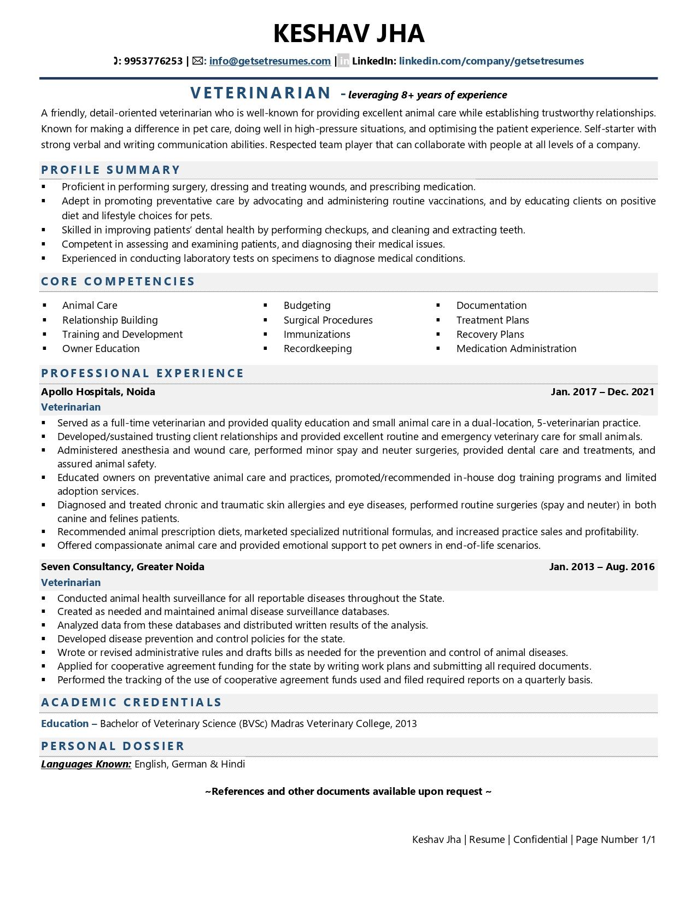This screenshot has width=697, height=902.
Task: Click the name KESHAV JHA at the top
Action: point(349,33)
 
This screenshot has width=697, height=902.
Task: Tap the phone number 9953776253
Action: point(153,61)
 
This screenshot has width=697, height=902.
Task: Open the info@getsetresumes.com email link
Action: point(270,61)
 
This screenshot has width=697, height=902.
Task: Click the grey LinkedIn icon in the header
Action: point(343,61)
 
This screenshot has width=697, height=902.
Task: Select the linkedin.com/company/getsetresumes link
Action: point(491,61)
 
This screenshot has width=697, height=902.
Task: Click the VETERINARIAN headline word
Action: point(261,93)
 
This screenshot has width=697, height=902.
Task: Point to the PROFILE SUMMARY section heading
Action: point(110,169)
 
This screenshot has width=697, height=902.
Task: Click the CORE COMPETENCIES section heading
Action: point(118,282)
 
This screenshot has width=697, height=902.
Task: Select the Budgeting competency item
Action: point(307,306)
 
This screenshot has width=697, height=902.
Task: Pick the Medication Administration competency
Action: point(516,349)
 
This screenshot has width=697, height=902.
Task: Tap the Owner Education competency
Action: point(101,349)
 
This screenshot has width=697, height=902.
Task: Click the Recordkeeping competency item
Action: point(317,349)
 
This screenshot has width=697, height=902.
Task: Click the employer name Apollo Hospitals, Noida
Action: point(98,392)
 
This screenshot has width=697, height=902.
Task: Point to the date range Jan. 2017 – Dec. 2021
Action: point(602,392)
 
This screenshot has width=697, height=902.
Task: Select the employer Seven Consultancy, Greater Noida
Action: point(122,567)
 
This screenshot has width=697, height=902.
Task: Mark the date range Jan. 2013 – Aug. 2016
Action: point(601,567)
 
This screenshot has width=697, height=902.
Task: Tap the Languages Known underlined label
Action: point(86,764)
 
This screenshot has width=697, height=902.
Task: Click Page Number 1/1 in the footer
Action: point(615,840)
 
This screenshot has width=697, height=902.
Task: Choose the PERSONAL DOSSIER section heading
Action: point(113,746)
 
